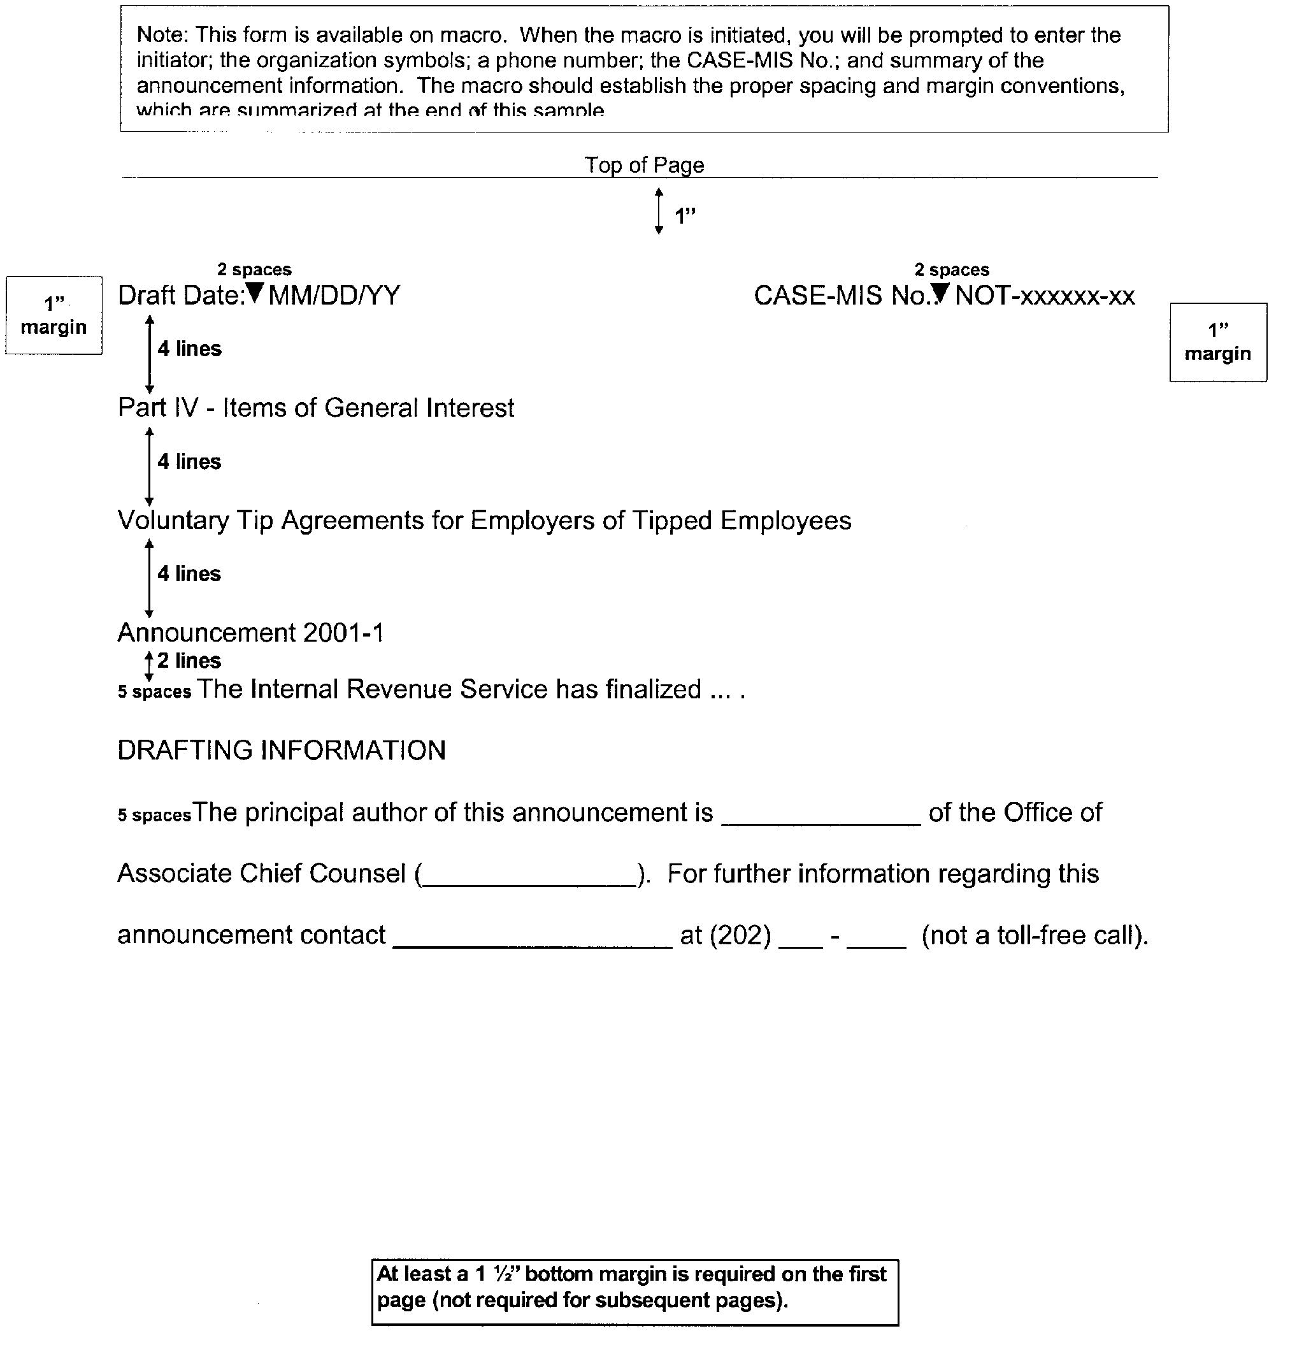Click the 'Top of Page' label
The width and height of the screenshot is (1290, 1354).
point(643,165)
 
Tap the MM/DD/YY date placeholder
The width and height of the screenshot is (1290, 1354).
point(334,296)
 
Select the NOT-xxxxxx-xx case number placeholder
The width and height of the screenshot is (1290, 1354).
point(1045,296)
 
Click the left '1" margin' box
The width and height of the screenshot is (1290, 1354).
point(54,315)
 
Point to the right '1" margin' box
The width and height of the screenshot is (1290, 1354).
point(1217,342)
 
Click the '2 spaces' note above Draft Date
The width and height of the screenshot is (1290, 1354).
point(254,270)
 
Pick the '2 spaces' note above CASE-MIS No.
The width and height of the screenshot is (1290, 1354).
point(951,270)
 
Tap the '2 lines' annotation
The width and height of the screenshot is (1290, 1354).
point(189,661)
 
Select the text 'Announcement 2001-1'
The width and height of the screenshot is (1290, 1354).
point(250,633)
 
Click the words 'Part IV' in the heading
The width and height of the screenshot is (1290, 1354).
point(157,408)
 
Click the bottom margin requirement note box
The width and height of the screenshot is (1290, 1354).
point(634,1292)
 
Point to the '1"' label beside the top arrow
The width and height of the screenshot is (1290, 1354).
point(685,217)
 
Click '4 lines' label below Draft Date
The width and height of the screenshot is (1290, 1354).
point(189,349)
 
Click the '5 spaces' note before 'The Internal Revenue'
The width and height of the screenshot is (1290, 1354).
point(154,692)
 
